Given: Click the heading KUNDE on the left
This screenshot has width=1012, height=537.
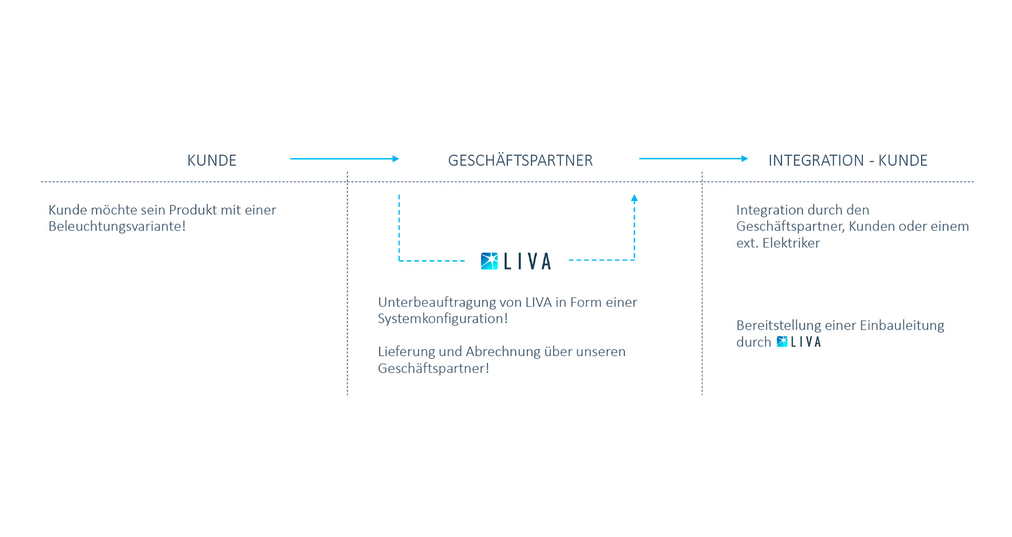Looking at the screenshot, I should coord(211,160).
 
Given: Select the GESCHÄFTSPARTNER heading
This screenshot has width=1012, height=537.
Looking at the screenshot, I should coord(520,160).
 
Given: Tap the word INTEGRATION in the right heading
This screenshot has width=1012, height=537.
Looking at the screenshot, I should coord(816,160).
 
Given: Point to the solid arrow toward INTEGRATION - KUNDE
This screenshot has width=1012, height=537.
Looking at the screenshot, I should coord(693,158).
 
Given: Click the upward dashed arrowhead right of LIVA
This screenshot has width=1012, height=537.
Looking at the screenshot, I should coord(635,198).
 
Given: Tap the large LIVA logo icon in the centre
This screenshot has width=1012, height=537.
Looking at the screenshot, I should coord(489,261).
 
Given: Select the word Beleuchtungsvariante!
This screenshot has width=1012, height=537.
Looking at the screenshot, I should coord(117,226).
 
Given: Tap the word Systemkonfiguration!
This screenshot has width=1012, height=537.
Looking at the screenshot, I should coord(443,319).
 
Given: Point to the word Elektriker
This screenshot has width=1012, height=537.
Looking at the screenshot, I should coord(791,243).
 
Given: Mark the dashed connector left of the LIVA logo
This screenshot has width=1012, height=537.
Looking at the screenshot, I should coord(431,261).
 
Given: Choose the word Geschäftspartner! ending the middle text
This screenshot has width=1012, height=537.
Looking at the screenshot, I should coord(433,369).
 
